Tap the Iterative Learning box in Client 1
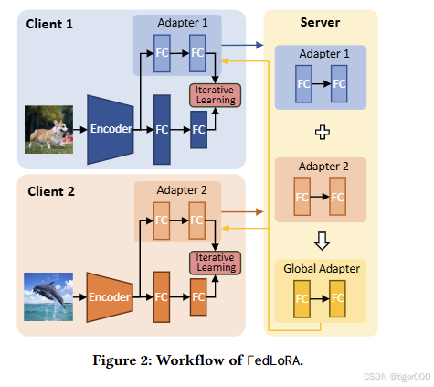pyautogui.click(x=213, y=94)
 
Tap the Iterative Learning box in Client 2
pyautogui.click(x=213, y=262)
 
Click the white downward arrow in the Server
pyautogui.click(x=320, y=242)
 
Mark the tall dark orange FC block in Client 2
pyautogui.click(x=163, y=296)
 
